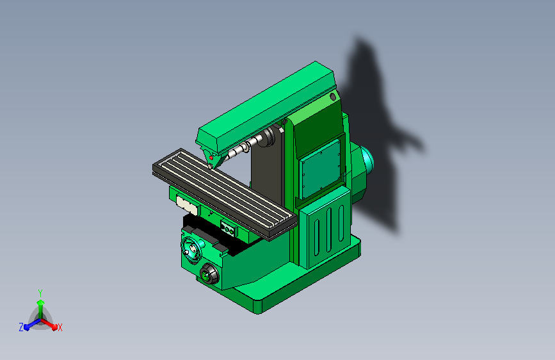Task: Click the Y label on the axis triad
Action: click(x=40, y=293)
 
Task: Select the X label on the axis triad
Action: click(x=60, y=328)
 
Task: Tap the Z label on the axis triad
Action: click(x=21, y=327)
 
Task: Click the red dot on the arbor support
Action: click(x=211, y=158)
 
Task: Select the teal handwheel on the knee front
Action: click(x=191, y=250)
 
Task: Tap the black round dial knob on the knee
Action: click(x=209, y=274)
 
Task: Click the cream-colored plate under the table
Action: click(x=188, y=205)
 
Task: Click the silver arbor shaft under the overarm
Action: click(x=245, y=146)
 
